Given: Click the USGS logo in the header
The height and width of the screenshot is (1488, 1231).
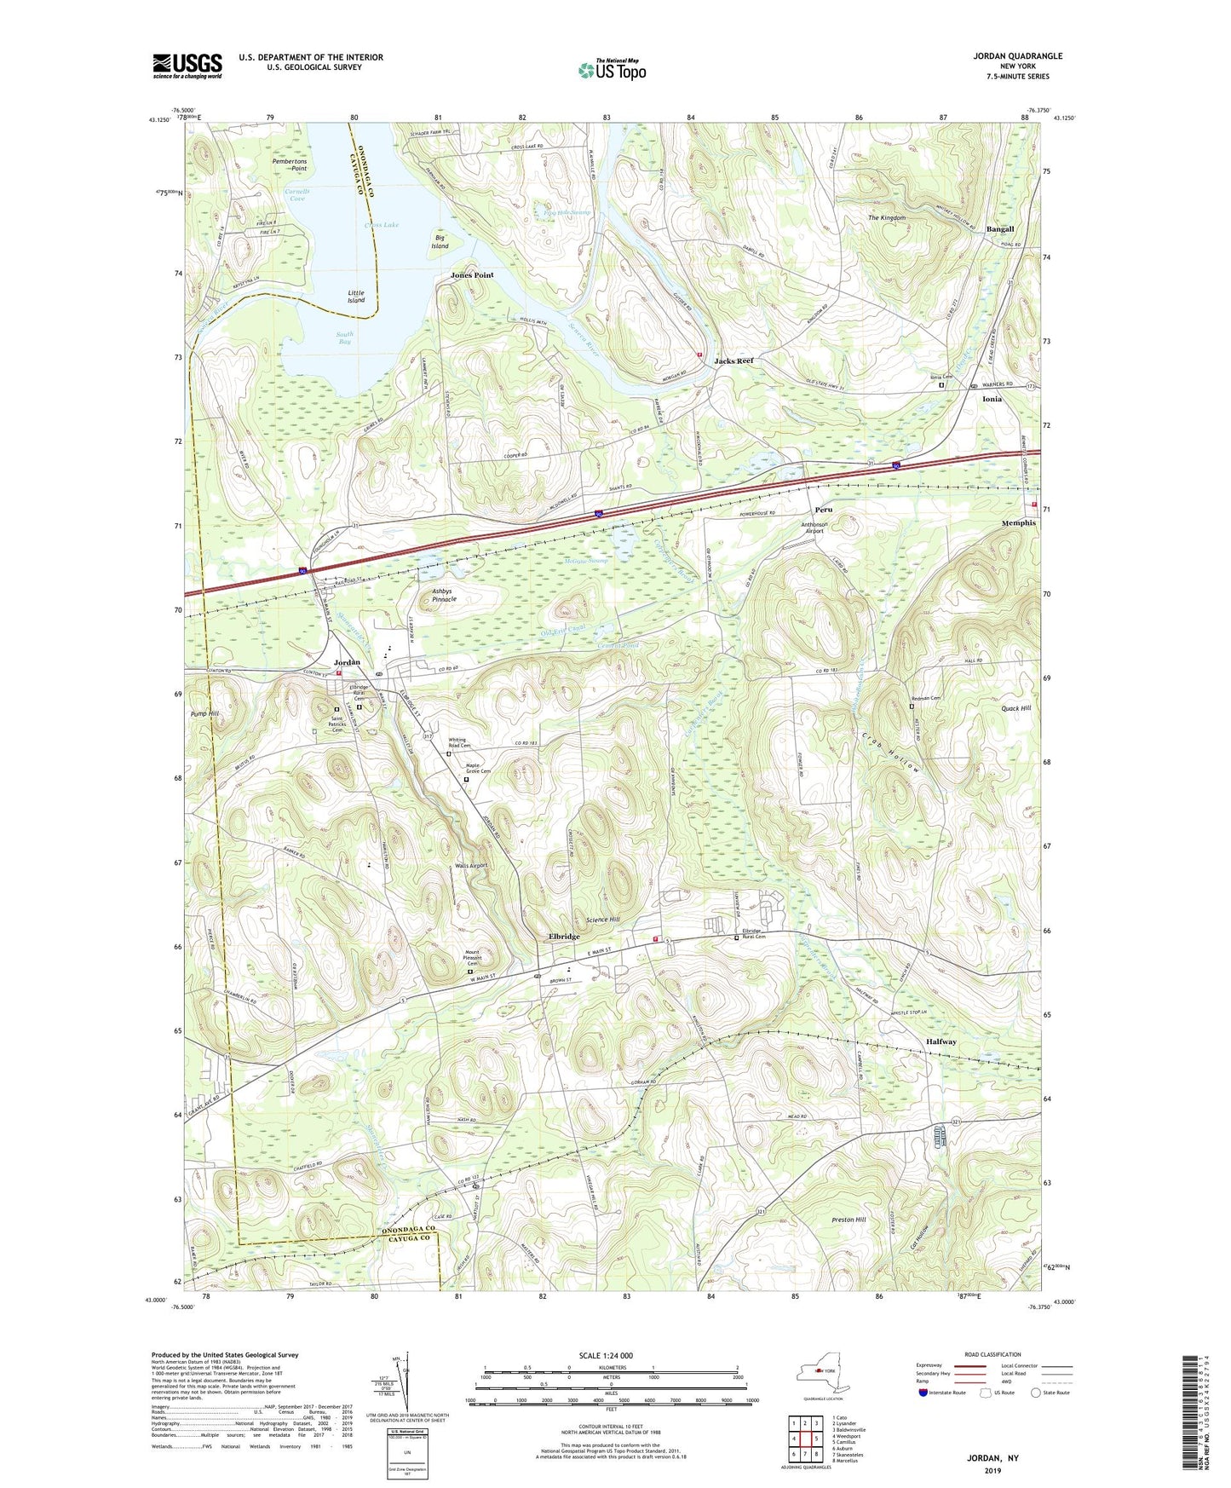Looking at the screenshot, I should tap(187, 66).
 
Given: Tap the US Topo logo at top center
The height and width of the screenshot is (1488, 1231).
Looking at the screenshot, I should tap(610, 70).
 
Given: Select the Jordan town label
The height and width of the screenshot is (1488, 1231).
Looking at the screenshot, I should tap(347, 662).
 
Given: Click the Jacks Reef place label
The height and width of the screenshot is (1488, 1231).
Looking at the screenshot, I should tap(733, 361).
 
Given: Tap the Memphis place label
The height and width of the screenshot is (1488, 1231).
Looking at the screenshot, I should tap(1018, 522).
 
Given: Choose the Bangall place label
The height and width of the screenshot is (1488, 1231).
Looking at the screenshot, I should tap(999, 229).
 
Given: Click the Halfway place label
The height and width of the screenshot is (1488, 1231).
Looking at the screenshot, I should tap(941, 1041).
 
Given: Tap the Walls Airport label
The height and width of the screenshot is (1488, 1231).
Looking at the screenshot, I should tap(471, 865).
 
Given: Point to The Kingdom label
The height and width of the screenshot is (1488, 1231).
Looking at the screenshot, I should tap(886, 218).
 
